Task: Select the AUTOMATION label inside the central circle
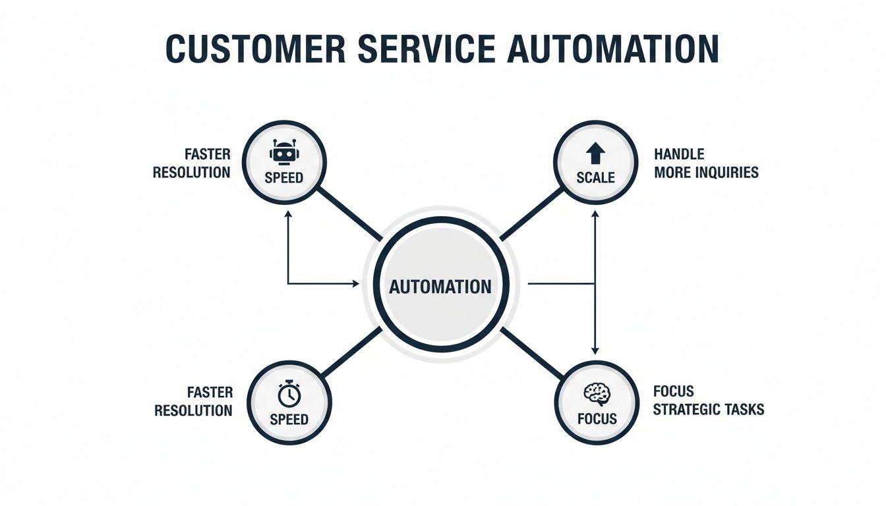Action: pos(440,287)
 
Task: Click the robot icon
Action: pos(283,154)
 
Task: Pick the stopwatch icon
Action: pos(289,395)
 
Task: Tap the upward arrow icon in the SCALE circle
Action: pos(595,154)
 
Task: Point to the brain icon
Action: pos(597,395)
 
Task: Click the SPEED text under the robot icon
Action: pos(283,178)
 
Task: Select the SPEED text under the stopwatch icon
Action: pos(289,420)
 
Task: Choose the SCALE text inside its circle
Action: pos(595,178)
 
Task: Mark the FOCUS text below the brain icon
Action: pos(597,419)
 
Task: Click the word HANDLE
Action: pos(679,154)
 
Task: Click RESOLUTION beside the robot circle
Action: pos(191,173)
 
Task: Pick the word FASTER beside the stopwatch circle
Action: pos(210,392)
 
